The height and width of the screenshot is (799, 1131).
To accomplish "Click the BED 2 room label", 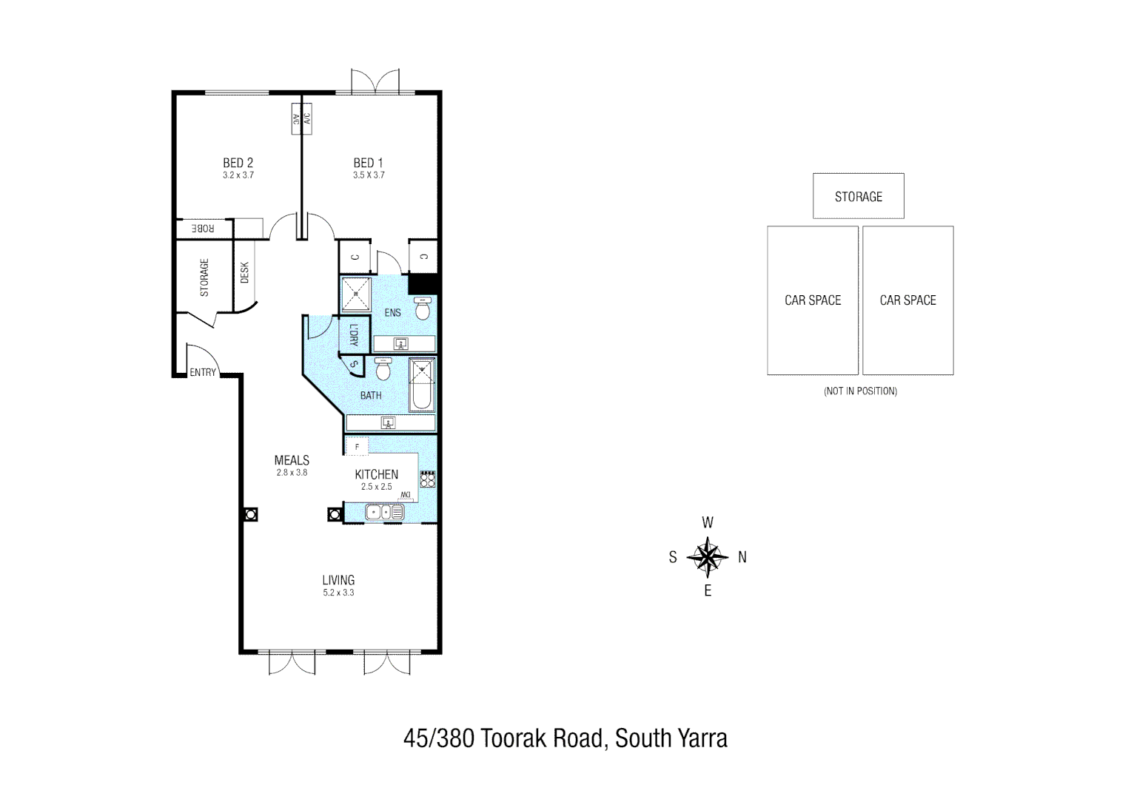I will pos(238,163).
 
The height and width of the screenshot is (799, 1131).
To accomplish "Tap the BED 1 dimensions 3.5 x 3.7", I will pos(369,175).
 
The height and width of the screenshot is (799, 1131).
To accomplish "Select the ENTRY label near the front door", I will pos(203,372).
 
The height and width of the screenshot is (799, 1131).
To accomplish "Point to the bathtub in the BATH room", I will pos(422,385).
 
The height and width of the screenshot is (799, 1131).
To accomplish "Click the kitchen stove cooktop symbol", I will pos(428,479).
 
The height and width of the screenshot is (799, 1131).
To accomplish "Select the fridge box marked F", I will pos(358,446).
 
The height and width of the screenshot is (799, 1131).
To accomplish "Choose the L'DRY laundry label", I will pos(353,336).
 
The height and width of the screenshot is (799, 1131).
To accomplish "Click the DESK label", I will pos(245,272).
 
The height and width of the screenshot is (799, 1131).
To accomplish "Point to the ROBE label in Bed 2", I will pos(202,229).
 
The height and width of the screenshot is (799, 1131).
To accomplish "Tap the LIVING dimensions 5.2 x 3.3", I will pos(338,593).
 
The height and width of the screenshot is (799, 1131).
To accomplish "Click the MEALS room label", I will pos(292,460).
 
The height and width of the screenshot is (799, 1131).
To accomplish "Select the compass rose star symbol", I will pos(708,557).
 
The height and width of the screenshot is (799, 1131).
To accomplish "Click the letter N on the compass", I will pos(742,557).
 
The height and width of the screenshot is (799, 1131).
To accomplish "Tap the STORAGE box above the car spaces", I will pos(858,196).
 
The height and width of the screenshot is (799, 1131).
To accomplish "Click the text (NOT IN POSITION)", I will pos(860,391).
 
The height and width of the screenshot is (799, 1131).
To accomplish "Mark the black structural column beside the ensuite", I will pos(424,284).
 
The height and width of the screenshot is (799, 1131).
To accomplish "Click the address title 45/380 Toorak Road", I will pos(565,738).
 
